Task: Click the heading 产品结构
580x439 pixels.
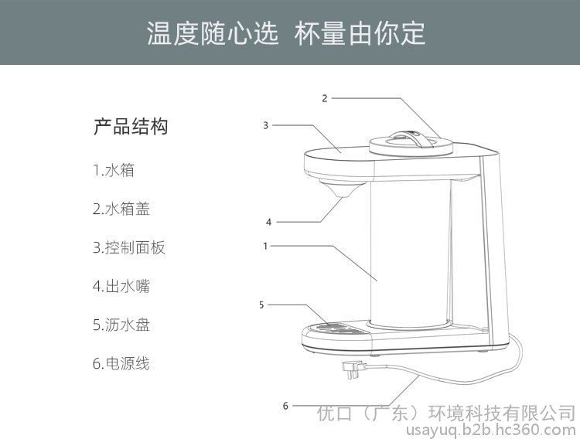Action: pyautogui.click(x=131, y=127)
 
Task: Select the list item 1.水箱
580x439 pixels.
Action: pyautogui.click(x=114, y=170)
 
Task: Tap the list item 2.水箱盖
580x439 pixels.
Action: pyautogui.click(x=121, y=209)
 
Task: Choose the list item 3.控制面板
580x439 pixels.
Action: pyautogui.click(x=128, y=247)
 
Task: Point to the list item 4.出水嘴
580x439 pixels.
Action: pyautogui.click(x=121, y=286)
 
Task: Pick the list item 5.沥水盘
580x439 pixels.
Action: pyautogui.click(x=121, y=325)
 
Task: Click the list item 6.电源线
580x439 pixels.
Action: pyautogui.click(x=121, y=363)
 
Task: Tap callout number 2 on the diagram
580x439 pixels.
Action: pyautogui.click(x=324, y=98)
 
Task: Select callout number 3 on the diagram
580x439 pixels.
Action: pyautogui.click(x=265, y=125)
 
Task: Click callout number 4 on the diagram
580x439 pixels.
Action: pyautogui.click(x=268, y=222)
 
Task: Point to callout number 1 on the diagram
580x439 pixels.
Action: pyautogui.click(x=265, y=246)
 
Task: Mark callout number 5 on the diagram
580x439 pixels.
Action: pyautogui.click(x=261, y=305)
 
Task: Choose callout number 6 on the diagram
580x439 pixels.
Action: pyautogui.click(x=285, y=406)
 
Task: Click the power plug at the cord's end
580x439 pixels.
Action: pyautogui.click(x=354, y=369)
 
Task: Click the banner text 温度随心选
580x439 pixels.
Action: pyautogui.click(x=213, y=34)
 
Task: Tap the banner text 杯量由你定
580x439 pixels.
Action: pyautogui.click(x=360, y=34)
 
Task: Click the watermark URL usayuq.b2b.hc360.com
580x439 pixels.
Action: pyautogui.click(x=491, y=430)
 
